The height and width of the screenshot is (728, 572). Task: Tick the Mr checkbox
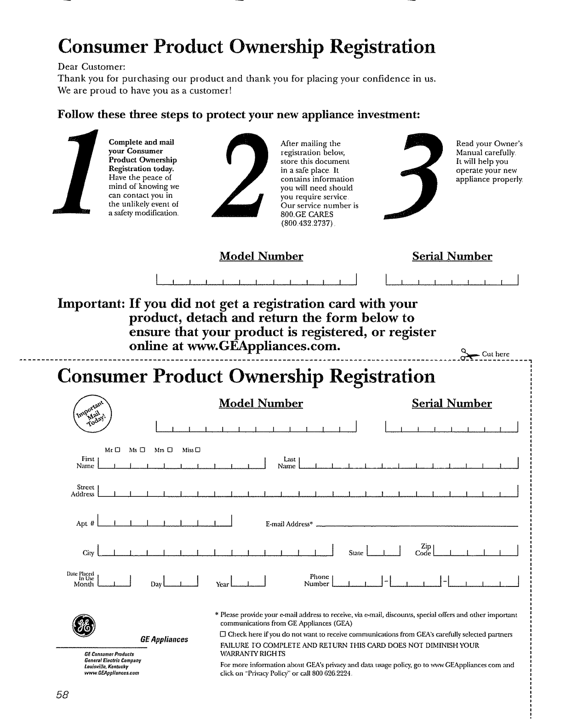point(118,449)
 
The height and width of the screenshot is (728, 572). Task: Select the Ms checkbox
point(143,449)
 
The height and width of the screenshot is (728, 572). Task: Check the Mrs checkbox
point(170,449)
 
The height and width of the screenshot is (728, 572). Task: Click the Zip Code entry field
point(475,550)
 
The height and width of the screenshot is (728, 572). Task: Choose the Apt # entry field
point(165,520)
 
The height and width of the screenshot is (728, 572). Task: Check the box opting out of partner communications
point(223,635)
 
